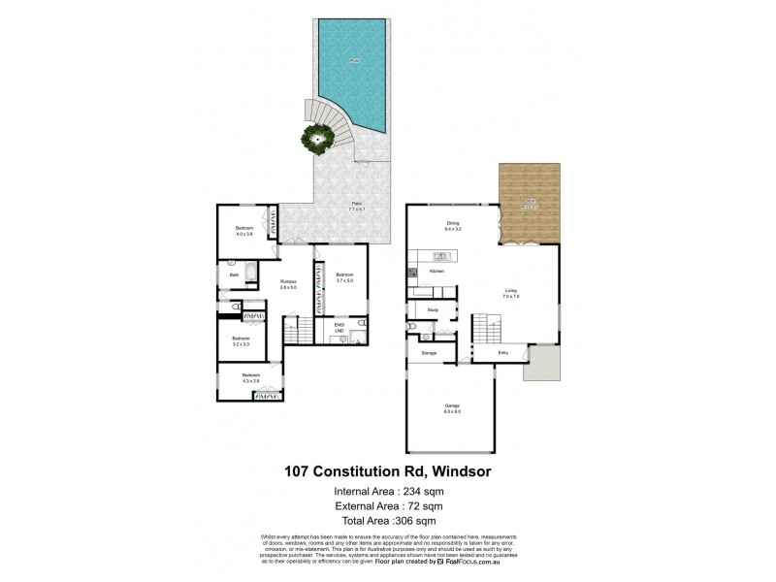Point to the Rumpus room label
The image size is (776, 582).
[x=288, y=283]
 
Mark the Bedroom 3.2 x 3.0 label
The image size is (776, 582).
[x=240, y=340]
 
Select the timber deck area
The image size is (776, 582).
[x=530, y=202]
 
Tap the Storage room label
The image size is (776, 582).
[x=429, y=353]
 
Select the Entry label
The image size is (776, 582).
[x=504, y=353]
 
